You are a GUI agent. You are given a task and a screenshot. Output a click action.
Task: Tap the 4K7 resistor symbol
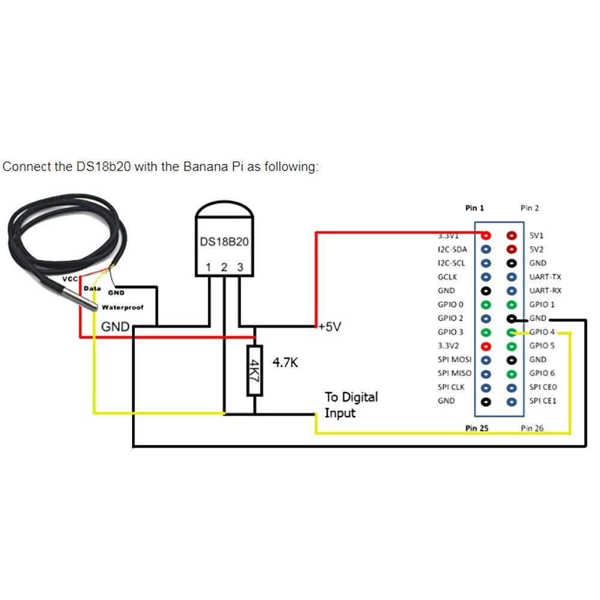click(x=255, y=370)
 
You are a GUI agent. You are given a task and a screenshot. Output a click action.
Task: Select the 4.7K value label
click(x=286, y=362)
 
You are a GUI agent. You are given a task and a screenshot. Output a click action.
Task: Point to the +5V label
click(x=329, y=327)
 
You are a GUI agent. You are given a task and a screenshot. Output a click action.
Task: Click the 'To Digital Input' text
click(x=351, y=405)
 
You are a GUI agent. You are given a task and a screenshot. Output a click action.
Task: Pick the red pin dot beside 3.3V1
click(x=487, y=236)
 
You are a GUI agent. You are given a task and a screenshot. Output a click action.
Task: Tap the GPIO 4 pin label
click(x=542, y=332)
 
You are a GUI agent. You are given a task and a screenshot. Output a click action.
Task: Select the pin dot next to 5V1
click(x=511, y=236)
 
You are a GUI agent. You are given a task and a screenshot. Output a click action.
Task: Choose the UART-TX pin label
click(x=545, y=277)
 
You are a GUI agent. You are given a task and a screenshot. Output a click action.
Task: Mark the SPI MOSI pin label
click(x=454, y=359)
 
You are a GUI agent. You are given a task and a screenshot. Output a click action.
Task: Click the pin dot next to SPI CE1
click(x=511, y=401)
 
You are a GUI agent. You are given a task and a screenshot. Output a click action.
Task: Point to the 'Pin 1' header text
click(x=474, y=208)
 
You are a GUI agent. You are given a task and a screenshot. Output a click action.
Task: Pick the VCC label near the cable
click(x=71, y=280)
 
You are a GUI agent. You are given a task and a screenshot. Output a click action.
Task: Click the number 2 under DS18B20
click(x=224, y=268)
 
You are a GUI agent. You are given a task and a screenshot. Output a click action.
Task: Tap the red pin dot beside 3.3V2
click(x=487, y=346)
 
